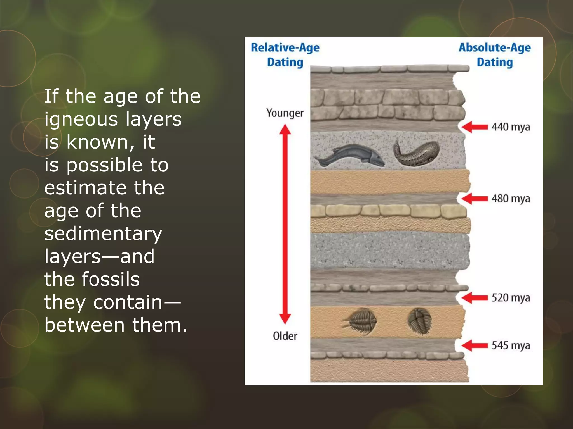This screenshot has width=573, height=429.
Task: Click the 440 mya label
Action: click(x=511, y=127)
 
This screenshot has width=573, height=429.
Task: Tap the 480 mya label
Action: click(x=511, y=199)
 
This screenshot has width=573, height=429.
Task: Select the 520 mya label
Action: click(x=511, y=298)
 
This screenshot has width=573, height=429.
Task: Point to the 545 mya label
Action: click(x=511, y=345)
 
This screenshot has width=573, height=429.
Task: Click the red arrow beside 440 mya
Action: click(x=475, y=127)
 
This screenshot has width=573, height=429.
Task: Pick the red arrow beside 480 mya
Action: click(x=475, y=199)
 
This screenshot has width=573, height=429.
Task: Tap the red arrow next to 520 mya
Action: click(x=475, y=298)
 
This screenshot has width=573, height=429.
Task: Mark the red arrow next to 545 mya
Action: click(x=475, y=345)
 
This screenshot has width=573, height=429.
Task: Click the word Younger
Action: click(x=285, y=113)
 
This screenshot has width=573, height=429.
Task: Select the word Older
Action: click(x=285, y=336)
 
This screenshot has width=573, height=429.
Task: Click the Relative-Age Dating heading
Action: click(x=285, y=55)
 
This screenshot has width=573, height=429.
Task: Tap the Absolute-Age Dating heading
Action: click(x=495, y=55)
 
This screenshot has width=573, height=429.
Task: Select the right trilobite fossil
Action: click(x=420, y=321)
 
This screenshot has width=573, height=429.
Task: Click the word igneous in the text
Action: click(x=81, y=120)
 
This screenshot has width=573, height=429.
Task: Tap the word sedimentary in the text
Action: click(x=103, y=234)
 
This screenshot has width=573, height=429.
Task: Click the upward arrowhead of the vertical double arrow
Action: click(x=285, y=130)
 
